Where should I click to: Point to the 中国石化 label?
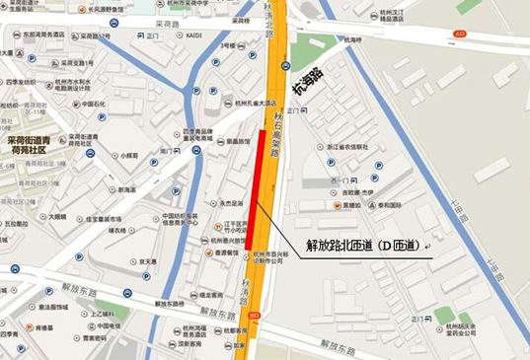click(x=94, y=105)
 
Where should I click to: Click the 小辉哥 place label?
click(x=129, y=156)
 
